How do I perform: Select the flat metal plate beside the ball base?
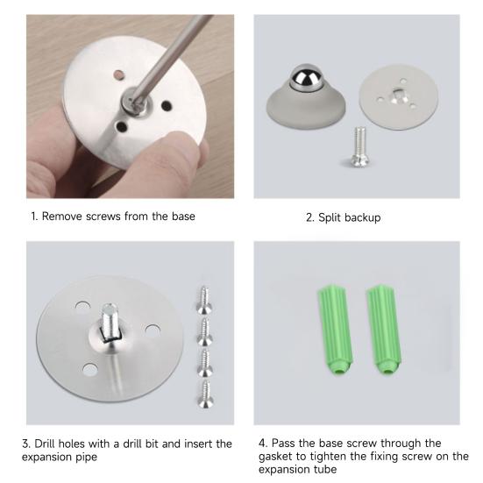click(400, 103)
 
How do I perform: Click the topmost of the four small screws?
click(205, 299)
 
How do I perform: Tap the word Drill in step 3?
click(53, 444)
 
